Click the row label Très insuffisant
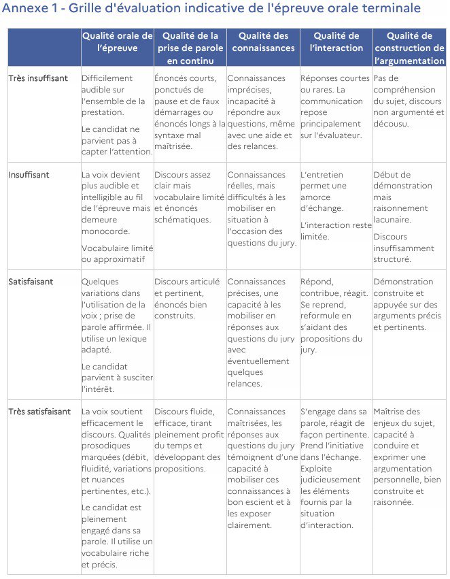tap(38, 78)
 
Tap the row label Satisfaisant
tap(31, 282)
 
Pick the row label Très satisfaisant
tap(39, 412)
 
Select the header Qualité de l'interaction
tap(336, 42)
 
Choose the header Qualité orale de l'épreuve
tap(118, 42)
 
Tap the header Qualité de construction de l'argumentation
tap(410, 48)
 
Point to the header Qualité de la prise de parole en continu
tap(190, 48)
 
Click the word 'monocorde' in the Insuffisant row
tap(103, 231)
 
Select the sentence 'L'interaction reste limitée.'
tap(335, 231)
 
